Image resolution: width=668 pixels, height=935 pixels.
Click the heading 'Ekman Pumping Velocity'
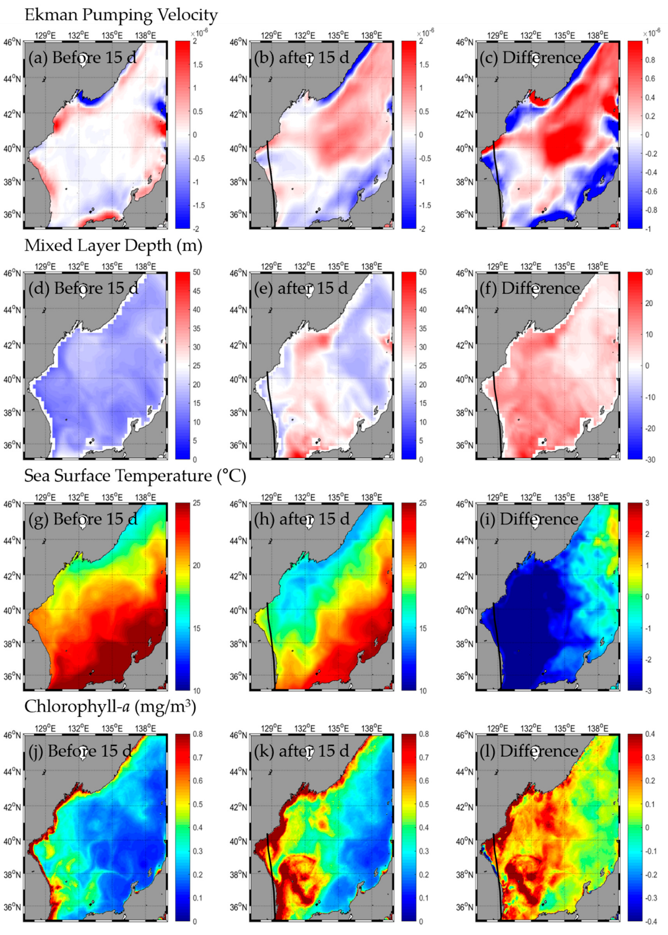click(x=121, y=15)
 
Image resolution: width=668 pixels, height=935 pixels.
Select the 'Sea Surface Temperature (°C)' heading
click(x=135, y=476)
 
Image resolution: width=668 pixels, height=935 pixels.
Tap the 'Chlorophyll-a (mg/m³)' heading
click(x=110, y=707)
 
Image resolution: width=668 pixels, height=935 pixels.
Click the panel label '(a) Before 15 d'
click(x=82, y=58)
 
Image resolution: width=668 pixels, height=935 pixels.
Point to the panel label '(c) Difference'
click(x=530, y=58)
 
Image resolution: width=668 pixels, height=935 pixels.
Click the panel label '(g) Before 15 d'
click(x=83, y=519)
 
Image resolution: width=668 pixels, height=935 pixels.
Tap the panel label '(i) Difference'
click(x=530, y=519)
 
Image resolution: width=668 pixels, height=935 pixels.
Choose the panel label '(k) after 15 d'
click(x=302, y=751)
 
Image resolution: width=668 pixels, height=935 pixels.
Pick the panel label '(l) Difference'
click(x=530, y=751)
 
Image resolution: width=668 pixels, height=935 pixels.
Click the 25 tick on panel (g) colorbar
click(x=196, y=503)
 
